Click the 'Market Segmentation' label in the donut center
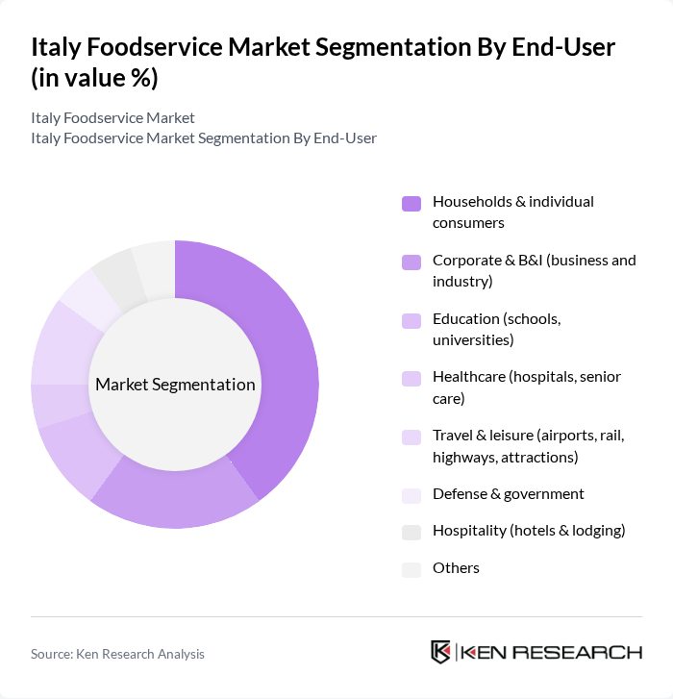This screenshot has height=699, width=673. tap(175, 385)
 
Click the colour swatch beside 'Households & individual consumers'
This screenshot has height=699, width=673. tap(411, 203)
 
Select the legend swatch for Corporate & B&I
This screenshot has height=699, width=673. tap(411, 262)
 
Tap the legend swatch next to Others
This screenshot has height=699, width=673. tap(411, 569)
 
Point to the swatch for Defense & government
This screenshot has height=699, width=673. tap(411, 495)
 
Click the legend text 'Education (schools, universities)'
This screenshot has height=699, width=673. tap(496, 329)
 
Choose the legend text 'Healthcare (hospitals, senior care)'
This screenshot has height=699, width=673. tap(526, 387)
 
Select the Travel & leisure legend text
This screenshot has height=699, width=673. tap(528, 446)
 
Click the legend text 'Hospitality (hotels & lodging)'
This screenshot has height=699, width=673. tap(529, 531)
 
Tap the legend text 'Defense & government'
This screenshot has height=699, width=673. tap(508, 494)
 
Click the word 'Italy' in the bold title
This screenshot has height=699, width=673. tap(57, 47)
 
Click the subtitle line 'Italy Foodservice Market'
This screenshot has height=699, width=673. tap(112, 118)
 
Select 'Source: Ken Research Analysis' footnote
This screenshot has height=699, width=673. tap(117, 654)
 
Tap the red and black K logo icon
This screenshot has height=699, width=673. tap(440, 652)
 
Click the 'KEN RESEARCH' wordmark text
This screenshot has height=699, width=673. tap(552, 652)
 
